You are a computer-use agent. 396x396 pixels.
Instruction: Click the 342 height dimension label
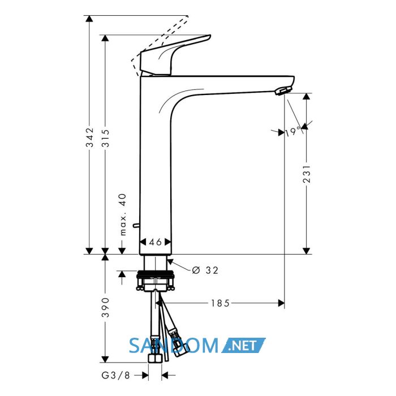point(89,137)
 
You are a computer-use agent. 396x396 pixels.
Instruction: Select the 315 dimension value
point(105,138)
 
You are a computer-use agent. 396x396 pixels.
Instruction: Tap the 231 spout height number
point(307,174)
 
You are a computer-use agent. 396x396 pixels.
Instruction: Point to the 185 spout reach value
point(220,303)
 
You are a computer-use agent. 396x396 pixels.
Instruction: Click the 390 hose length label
point(105,307)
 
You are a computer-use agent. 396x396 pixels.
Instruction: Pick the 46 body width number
point(155,242)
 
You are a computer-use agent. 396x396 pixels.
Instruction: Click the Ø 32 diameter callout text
point(205,270)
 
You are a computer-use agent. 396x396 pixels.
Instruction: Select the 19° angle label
point(294,132)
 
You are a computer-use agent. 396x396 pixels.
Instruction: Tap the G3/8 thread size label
point(115,375)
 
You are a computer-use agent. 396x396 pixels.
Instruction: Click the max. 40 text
point(123,214)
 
